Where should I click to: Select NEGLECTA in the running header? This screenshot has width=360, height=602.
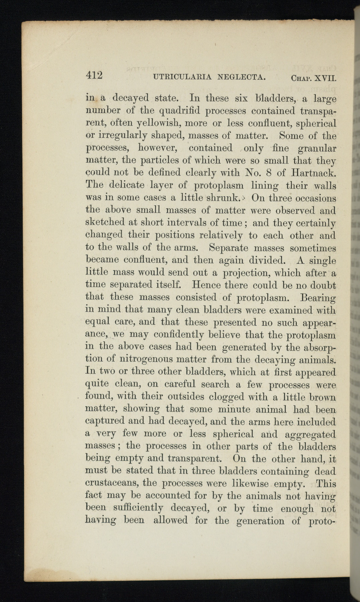242,78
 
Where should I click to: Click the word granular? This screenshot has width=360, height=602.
317,148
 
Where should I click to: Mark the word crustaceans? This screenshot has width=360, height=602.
111,483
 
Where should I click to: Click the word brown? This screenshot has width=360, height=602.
322,397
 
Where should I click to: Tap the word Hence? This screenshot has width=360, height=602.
206,285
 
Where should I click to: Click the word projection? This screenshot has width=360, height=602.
240,273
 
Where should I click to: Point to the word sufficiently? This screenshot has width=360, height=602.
138,508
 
